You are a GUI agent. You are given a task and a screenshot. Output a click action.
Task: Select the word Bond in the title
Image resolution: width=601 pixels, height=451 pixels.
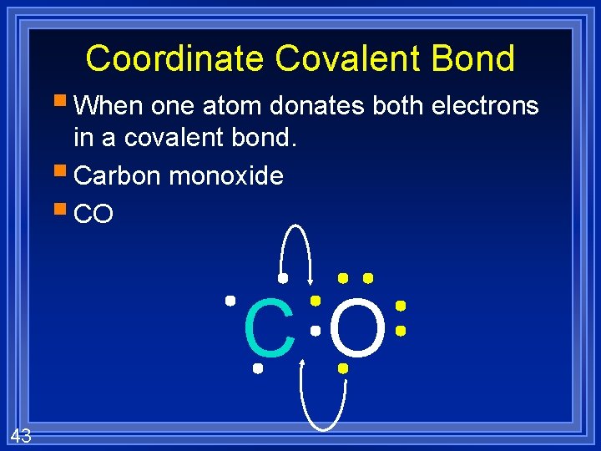481,59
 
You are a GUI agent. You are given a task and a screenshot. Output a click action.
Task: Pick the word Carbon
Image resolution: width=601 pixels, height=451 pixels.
117,176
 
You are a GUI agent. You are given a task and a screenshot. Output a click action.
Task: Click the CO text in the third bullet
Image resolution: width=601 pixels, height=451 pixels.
93,215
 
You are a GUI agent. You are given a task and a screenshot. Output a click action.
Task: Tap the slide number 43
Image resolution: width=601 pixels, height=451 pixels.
21,434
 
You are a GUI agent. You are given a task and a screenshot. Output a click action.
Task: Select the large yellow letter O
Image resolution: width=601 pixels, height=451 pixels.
358,329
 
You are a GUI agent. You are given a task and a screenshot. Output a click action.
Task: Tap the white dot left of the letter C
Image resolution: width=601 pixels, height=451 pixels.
230,299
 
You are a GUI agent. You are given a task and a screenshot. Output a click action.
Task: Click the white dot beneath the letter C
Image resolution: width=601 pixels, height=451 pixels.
258,367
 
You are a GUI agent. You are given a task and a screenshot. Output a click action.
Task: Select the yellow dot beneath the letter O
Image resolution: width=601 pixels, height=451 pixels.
342,367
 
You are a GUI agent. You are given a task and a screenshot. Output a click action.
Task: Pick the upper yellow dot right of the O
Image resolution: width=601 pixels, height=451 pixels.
400,306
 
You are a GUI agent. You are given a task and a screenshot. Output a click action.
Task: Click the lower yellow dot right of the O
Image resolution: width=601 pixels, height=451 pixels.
400,332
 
